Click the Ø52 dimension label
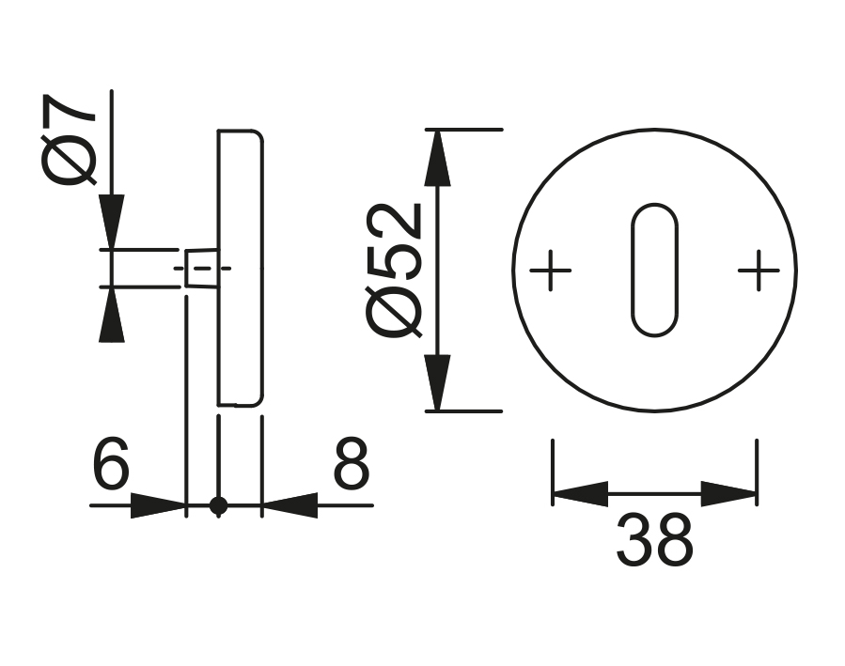pos(396,270)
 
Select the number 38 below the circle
pos(654,540)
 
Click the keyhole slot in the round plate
pos(653,270)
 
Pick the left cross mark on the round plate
pos(551,271)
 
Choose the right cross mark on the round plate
pos(758,271)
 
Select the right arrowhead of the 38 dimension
pos(729,493)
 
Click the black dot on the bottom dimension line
pos(218,505)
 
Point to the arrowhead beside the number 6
pos(157,505)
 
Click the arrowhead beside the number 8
pos(289,505)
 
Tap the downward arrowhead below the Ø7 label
pos(112,222)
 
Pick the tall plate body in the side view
pos(241,268)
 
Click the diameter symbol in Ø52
pos(396,314)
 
